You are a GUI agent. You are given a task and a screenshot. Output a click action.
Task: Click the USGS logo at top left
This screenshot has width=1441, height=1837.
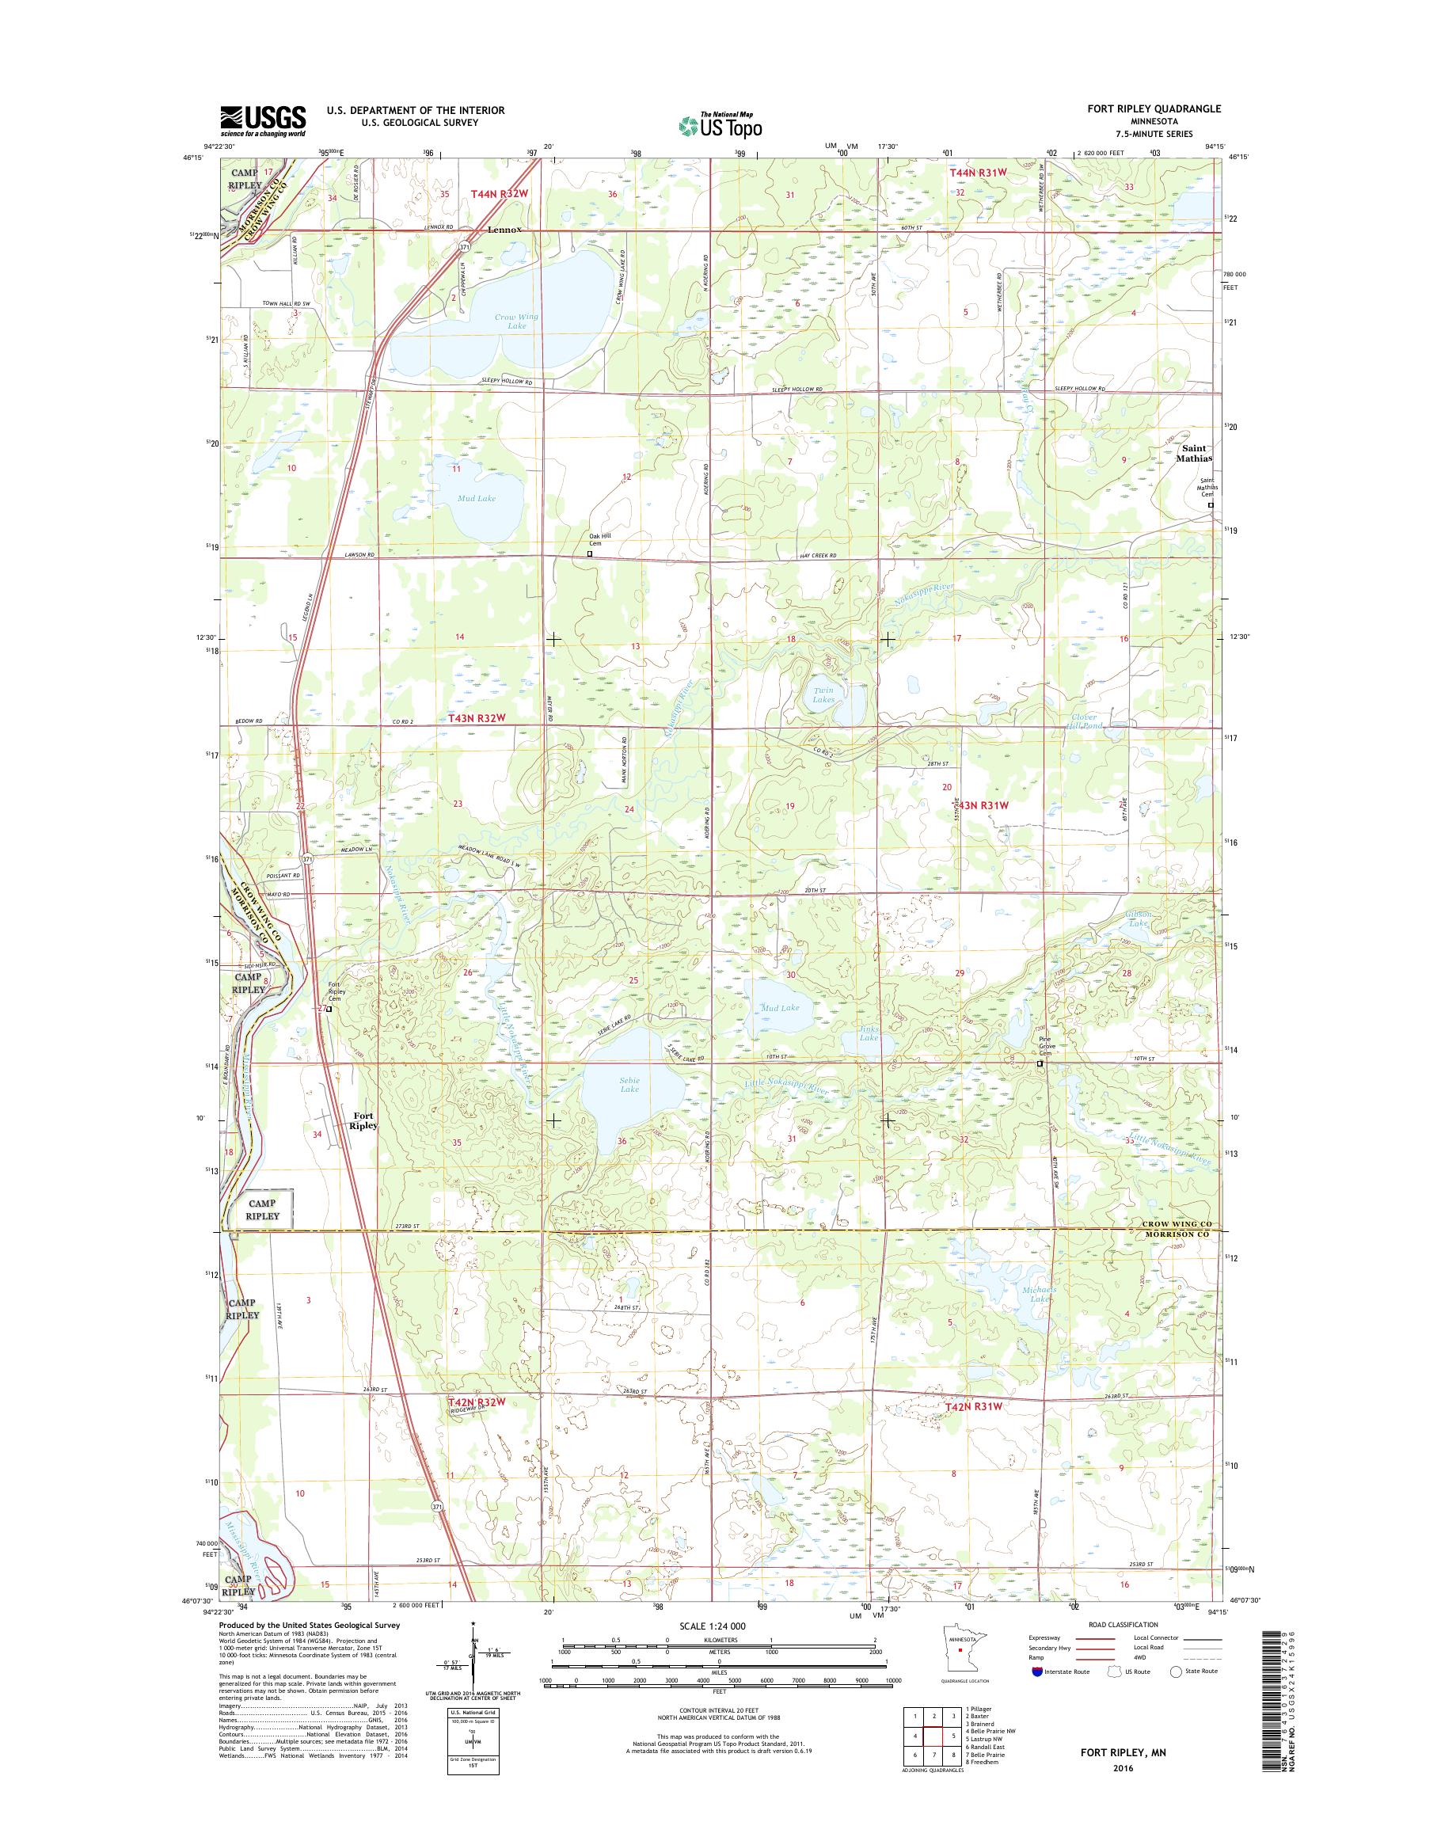pyautogui.click(x=262, y=120)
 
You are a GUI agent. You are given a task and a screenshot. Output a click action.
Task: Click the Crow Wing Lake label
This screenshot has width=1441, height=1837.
pyautogui.click(x=516, y=321)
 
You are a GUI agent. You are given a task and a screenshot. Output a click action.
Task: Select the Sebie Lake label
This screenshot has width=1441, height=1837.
pyautogui.click(x=629, y=1084)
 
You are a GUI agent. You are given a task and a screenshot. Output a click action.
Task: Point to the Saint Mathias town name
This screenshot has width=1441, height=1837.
pyautogui.click(x=1196, y=453)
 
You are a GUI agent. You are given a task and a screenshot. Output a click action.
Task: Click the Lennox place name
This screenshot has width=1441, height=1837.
pyautogui.click(x=504, y=230)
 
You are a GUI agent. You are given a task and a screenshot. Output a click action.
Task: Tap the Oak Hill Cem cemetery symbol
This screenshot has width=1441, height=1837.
pyautogui.click(x=590, y=554)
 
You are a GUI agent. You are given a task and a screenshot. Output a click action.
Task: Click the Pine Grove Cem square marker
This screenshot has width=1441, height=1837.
pyautogui.click(x=1040, y=1064)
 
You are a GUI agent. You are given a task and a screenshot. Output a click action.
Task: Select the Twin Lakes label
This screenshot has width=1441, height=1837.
pyautogui.click(x=823, y=694)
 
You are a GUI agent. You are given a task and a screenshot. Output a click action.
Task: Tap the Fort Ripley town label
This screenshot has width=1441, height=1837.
pyautogui.click(x=364, y=1120)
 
